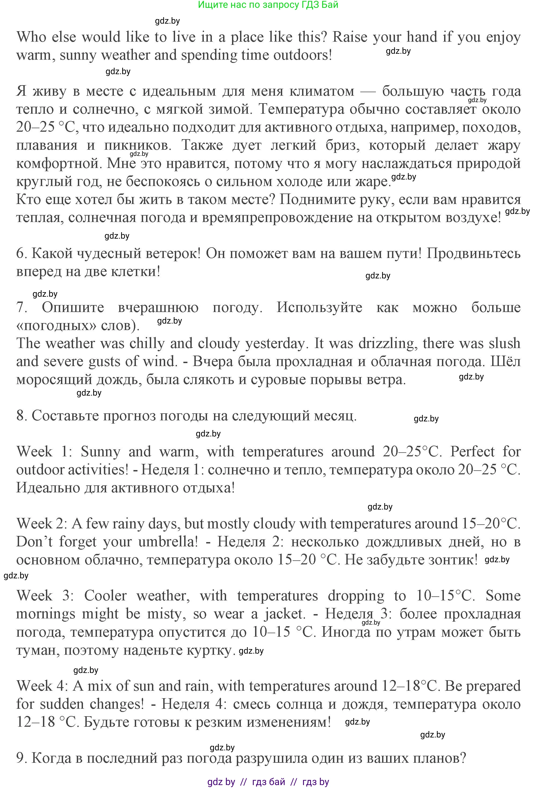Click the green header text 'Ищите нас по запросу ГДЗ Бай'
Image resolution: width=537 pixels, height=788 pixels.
tap(268, 5)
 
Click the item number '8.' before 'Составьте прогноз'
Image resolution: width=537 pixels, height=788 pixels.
tap(22, 416)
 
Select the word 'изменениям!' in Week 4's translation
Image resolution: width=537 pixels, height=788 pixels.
tap(288, 722)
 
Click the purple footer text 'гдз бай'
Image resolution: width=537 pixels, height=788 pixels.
tap(269, 782)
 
